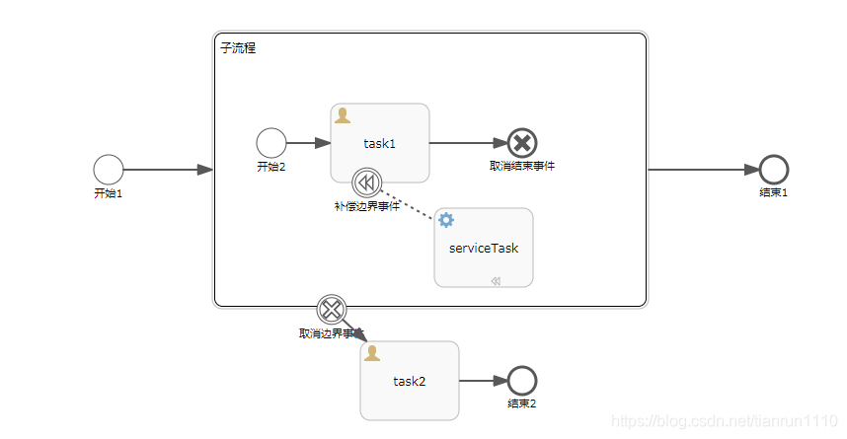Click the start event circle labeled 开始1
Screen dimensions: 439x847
pos(109,170)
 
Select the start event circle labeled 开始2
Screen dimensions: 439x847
pos(270,143)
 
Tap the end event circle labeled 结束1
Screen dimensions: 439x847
pos(773,170)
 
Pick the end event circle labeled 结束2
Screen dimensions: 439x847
pos(521,381)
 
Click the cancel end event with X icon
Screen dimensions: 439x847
pos(521,143)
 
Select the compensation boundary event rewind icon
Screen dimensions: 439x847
pos(366,183)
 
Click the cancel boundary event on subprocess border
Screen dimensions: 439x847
pos(332,309)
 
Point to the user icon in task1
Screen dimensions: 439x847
pos(343,116)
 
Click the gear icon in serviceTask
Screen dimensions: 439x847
pos(446,220)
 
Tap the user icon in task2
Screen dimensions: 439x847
pos(372,353)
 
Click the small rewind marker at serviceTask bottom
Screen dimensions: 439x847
pos(496,281)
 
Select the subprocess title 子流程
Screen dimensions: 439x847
pos(237,47)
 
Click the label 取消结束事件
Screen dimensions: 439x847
pos(521,166)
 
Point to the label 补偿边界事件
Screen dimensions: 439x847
pos(366,206)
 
